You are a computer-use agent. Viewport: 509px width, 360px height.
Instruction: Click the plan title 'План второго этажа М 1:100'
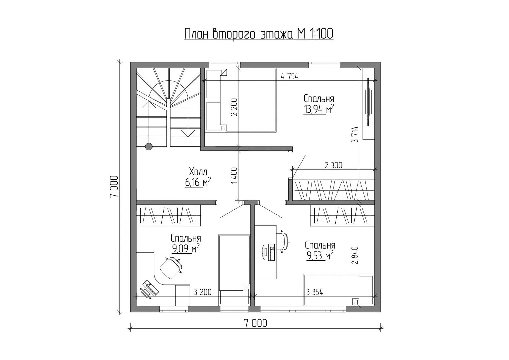click(x=259, y=34)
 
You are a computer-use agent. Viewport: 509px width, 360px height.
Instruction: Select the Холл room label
click(x=198, y=172)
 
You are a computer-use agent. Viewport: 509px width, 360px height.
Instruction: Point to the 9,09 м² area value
click(x=186, y=249)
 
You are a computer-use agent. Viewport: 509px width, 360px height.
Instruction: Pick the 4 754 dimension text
click(x=289, y=77)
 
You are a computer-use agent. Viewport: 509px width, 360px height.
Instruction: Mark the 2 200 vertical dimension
click(x=234, y=107)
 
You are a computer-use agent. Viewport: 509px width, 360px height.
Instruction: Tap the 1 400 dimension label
click(x=234, y=176)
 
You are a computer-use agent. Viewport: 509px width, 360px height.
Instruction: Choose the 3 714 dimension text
click(x=355, y=134)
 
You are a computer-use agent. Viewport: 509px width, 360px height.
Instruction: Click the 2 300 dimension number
click(x=333, y=165)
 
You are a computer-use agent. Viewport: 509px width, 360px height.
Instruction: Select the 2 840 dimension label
click(x=355, y=255)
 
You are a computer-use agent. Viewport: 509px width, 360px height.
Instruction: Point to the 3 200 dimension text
click(x=203, y=292)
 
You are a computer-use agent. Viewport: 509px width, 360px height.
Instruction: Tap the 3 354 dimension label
click(x=315, y=292)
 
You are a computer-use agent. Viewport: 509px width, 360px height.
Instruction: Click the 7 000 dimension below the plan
click(x=256, y=323)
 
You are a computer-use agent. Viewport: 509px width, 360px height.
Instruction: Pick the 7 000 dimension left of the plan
click(x=114, y=187)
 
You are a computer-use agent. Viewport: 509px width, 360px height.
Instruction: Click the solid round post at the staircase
click(x=149, y=146)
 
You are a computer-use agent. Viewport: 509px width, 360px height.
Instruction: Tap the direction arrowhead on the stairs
click(x=188, y=133)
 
